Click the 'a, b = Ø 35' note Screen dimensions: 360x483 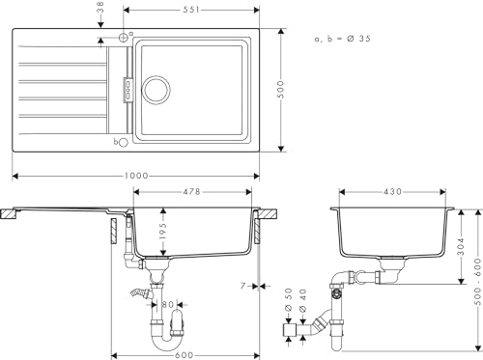(x=342, y=38)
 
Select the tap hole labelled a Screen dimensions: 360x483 (x=122, y=38)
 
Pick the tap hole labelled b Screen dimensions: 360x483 (x=122, y=142)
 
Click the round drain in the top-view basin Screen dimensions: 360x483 (x=155, y=90)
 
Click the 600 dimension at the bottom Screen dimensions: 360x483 (x=185, y=351)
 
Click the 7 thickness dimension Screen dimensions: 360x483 (x=247, y=286)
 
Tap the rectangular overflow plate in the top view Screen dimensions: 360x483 (x=125, y=89)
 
